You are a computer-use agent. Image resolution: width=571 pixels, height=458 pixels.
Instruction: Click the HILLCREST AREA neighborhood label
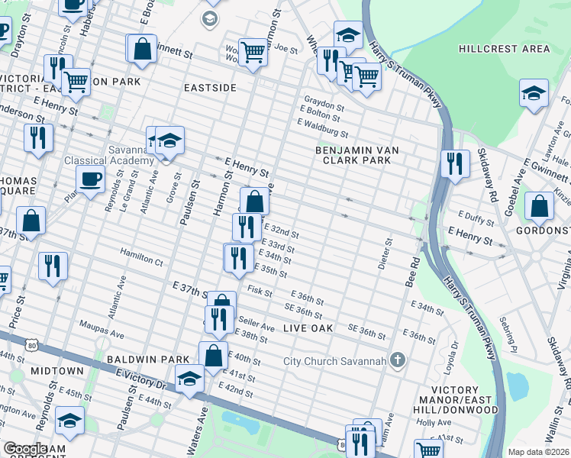[504, 49]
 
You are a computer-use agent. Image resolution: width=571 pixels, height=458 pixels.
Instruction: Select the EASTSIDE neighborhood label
[210, 89]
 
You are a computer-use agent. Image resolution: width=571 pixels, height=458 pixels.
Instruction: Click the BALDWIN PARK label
[147, 358]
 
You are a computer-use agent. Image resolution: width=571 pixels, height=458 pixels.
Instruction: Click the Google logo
[24, 449]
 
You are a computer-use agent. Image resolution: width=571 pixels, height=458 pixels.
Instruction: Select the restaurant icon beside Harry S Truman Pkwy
[454, 164]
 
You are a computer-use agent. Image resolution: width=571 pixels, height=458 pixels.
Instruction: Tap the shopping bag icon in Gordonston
[539, 206]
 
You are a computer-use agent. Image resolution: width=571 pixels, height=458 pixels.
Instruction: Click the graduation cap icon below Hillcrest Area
[534, 93]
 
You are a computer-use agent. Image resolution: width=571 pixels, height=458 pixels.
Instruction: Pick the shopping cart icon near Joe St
[253, 53]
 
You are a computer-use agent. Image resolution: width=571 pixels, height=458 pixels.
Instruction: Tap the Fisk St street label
[260, 291]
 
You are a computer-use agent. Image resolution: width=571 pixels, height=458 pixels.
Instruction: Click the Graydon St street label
[324, 102]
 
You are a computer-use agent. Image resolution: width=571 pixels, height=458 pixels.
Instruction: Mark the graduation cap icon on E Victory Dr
[189, 379]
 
